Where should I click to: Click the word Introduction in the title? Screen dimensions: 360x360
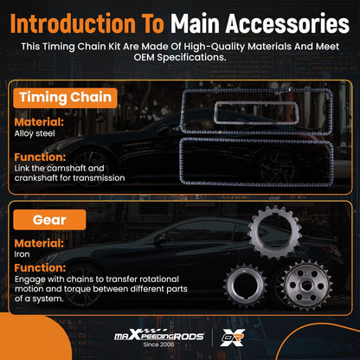tap(73, 23)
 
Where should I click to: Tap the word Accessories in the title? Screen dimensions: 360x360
tap(287, 23)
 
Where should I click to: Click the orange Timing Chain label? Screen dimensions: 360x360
tap(65, 98)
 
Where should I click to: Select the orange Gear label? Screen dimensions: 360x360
tap(49, 220)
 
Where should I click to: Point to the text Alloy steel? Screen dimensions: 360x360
tap(35, 133)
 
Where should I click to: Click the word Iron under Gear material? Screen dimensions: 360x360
tap(22, 254)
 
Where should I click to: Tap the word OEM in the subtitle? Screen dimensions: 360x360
tap(145, 57)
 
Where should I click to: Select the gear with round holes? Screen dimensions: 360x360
tap(307, 285)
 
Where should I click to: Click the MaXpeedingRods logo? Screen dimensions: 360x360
tap(159, 336)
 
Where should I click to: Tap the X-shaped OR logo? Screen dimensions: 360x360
tap(233, 337)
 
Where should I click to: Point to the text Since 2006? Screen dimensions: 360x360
tap(158, 344)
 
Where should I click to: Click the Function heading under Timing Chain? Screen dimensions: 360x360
tap(40, 157)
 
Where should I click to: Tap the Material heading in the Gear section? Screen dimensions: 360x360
tap(39, 243)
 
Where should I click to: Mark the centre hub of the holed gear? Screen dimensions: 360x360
tap(306, 286)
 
